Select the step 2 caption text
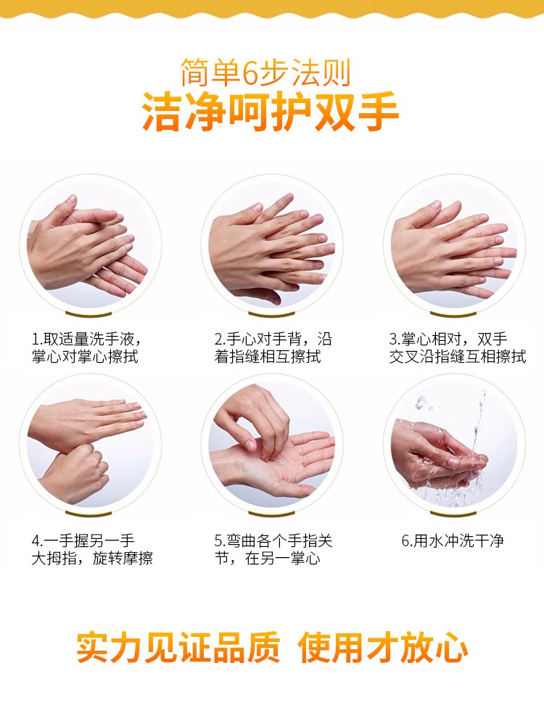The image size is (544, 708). (x=273, y=347)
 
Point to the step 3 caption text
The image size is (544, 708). (x=457, y=347)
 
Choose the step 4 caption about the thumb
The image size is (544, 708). (x=92, y=550)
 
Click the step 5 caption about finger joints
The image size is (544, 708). (x=273, y=550)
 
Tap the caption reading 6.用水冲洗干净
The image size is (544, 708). (x=453, y=540)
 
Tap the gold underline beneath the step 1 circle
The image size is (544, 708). (x=88, y=313)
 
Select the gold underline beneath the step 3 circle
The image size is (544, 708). (x=453, y=313)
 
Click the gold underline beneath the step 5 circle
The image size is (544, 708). (x=271, y=514)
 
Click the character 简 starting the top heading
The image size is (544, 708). (x=195, y=73)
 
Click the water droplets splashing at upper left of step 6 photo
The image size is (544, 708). (x=422, y=403)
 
